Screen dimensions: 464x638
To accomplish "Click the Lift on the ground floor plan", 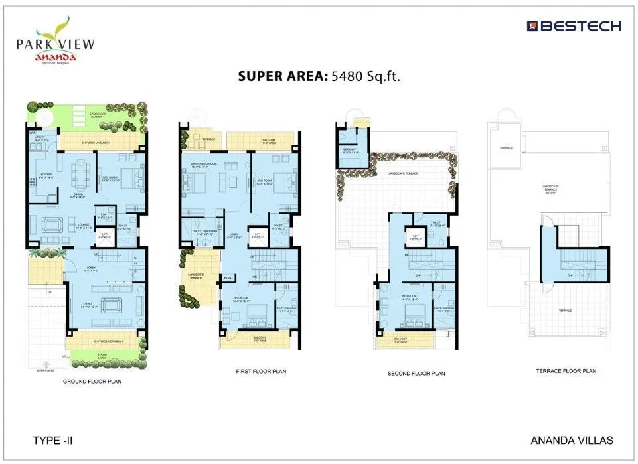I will (x=104, y=234).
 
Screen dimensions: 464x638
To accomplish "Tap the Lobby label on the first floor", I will (x=234, y=234).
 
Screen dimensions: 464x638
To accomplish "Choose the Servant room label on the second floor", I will (x=349, y=149).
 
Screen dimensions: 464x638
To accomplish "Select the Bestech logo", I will (x=574, y=26).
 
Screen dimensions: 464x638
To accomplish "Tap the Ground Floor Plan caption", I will (x=92, y=382).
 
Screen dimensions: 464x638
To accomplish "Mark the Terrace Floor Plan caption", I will (x=566, y=371).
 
